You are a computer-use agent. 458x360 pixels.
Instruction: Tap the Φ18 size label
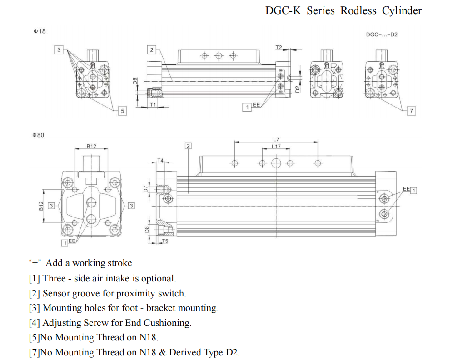click(40, 31)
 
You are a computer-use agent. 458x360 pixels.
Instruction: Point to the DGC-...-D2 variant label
click(382, 35)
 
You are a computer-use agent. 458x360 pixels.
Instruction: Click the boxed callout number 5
click(122, 111)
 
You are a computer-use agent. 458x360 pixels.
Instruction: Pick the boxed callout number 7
click(411, 111)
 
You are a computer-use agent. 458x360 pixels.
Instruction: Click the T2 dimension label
click(279, 47)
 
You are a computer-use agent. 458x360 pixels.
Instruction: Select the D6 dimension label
click(135, 81)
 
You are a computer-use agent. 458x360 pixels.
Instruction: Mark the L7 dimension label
click(276, 139)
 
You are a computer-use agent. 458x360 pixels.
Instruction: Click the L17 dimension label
click(276, 147)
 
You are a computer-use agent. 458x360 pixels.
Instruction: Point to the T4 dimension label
click(160, 161)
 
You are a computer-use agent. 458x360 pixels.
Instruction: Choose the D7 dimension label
click(146, 189)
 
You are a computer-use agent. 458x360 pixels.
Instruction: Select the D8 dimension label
click(147, 230)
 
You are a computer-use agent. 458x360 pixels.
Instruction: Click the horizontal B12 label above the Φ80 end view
click(91, 146)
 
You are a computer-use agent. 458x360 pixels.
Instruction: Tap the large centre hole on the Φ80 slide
click(276, 163)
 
